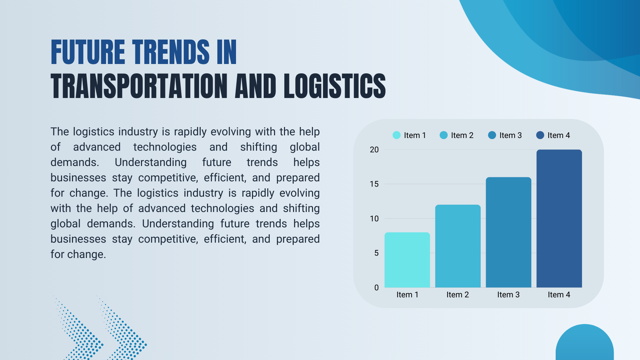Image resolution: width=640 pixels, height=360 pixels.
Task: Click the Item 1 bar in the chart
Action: pyautogui.click(x=407, y=260)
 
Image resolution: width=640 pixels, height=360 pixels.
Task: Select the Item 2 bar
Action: pyautogui.click(x=458, y=246)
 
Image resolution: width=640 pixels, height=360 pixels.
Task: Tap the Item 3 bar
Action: pyautogui.click(x=508, y=232)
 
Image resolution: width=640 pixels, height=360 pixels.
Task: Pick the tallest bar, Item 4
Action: pyautogui.click(x=559, y=219)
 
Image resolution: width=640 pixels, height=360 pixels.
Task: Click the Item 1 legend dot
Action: pyautogui.click(x=396, y=135)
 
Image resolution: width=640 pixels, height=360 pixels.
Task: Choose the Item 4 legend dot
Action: pyautogui.click(x=540, y=135)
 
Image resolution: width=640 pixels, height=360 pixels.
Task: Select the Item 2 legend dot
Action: pyautogui.click(x=444, y=135)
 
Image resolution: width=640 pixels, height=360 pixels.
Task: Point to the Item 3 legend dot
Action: pyautogui.click(x=492, y=135)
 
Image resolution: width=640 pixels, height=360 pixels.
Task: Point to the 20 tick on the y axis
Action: pyautogui.click(x=374, y=150)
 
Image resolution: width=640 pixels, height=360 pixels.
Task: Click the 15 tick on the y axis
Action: pyautogui.click(x=374, y=184)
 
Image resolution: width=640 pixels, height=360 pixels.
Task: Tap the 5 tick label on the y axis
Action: pyautogui.click(x=376, y=253)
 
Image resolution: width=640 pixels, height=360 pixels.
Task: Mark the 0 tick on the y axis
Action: pyautogui.click(x=376, y=288)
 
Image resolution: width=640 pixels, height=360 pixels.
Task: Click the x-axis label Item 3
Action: pyautogui.click(x=508, y=295)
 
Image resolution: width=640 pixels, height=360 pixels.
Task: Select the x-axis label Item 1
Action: pyautogui.click(x=407, y=295)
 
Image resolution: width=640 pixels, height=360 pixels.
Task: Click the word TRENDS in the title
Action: pyautogui.click(x=171, y=52)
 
